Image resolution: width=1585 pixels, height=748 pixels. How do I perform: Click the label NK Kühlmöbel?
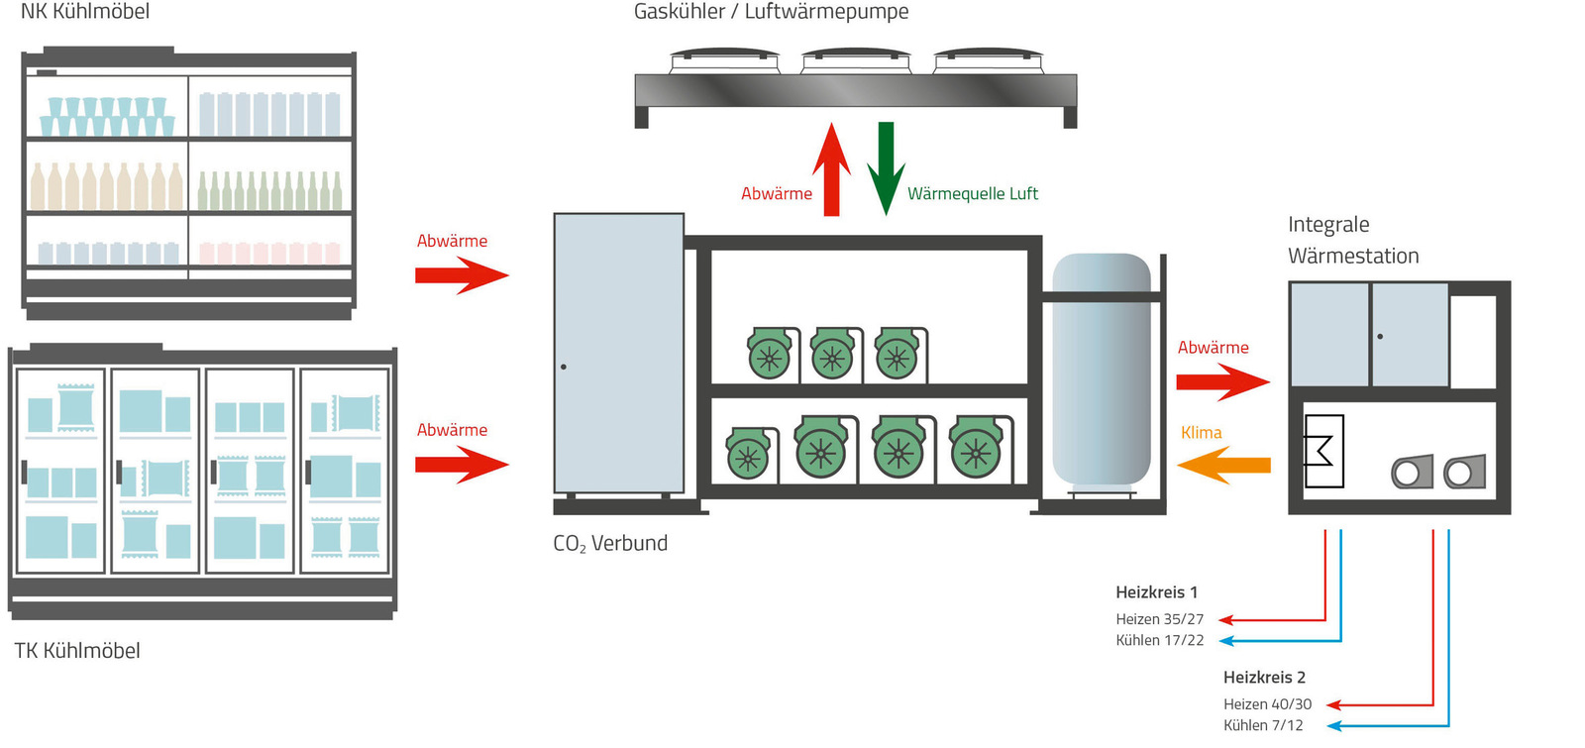(85, 12)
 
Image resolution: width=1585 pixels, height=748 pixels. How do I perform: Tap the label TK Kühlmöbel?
(77, 651)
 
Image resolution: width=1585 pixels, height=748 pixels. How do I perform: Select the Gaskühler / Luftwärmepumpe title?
(771, 12)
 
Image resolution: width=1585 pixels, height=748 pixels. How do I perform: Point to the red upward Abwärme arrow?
(832, 168)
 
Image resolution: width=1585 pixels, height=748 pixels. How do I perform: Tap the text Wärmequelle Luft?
(972, 194)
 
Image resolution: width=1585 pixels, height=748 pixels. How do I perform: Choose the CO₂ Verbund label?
(610, 544)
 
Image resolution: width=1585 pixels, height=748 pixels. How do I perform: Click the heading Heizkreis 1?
(1156, 592)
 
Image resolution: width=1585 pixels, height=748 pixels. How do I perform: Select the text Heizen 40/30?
(1267, 704)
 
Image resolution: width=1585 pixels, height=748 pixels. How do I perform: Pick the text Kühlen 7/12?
(1263, 725)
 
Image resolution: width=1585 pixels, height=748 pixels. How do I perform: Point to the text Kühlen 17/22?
(1160, 641)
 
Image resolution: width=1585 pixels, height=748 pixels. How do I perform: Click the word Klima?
(1201, 433)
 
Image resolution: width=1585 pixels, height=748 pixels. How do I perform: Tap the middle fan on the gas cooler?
(855, 60)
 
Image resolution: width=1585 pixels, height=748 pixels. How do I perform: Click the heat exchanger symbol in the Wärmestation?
(1323, 452)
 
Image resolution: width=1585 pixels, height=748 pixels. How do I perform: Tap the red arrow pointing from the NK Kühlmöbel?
(462, 275)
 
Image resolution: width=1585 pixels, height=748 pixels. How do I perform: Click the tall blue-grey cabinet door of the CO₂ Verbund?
(619, 354)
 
